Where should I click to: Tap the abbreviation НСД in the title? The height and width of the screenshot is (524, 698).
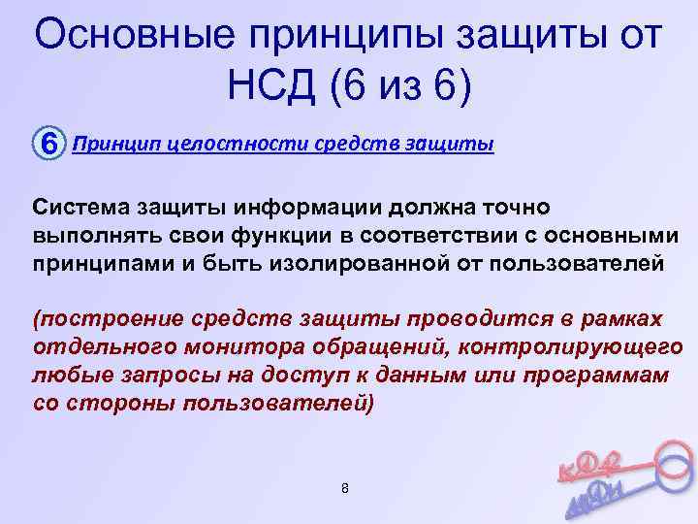click(x=275, y=88)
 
